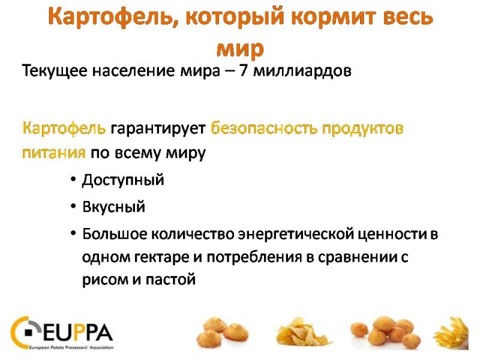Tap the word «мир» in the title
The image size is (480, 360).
(x=240, y=49)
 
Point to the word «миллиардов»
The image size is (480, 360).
(x=302, y=71)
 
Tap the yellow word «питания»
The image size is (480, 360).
(x=54, y=152)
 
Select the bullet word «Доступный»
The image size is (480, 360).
(x=123, y=180)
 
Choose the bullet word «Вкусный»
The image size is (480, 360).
(x=113, y=207)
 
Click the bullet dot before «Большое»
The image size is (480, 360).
(x=73, y=233)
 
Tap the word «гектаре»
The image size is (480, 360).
(x=161, y=257)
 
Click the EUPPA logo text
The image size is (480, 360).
(x=78, y=332)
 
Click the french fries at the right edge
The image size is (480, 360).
(x=452, y=335)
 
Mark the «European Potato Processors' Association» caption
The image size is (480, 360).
(x=71, y=347)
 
